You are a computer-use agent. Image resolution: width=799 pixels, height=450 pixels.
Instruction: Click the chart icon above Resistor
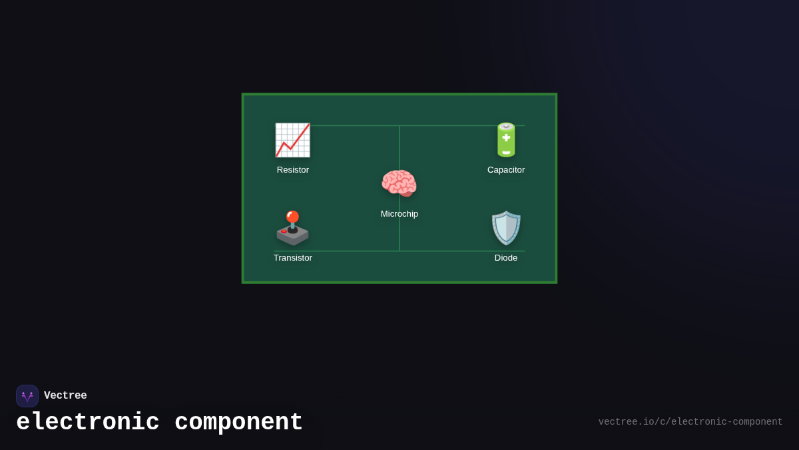(x=292, y=140)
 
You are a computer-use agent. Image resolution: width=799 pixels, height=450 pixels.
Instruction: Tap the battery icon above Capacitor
(x=506, y=140)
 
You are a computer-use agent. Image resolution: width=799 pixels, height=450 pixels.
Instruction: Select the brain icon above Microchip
(x=399, y=183)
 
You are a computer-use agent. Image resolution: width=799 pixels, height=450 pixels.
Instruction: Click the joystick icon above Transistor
(x=292, y=228)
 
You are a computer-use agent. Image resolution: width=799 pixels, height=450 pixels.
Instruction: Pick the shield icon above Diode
(x=506, y=228)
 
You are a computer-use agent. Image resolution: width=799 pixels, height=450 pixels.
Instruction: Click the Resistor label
(x=293, y=170)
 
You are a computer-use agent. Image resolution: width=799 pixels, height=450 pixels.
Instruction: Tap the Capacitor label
(x=506, y=170)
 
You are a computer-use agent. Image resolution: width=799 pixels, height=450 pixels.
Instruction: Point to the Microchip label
(x=400, y=214)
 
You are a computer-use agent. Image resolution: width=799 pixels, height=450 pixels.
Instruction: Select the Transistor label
(x=293, y=258)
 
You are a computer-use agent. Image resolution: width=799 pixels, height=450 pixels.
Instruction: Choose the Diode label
(x=506, y=258)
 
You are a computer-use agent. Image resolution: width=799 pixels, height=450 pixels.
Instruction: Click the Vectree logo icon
(x=27, y=396)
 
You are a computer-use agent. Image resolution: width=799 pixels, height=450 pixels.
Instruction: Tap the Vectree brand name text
(x=65, y=396)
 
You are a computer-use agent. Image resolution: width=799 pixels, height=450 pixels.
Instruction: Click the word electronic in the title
(x=88, y=423)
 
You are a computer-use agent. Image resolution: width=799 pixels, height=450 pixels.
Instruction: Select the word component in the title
(x=238, y=423)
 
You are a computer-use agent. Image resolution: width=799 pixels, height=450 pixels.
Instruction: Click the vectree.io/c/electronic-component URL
(x=690, y=422)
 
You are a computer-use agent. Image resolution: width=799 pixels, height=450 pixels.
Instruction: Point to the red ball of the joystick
(x=292, y=216)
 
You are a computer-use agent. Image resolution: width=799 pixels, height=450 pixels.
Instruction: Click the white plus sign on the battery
(x=506, y=138)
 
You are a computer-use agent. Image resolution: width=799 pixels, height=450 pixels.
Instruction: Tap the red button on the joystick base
(x=284, y=231)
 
